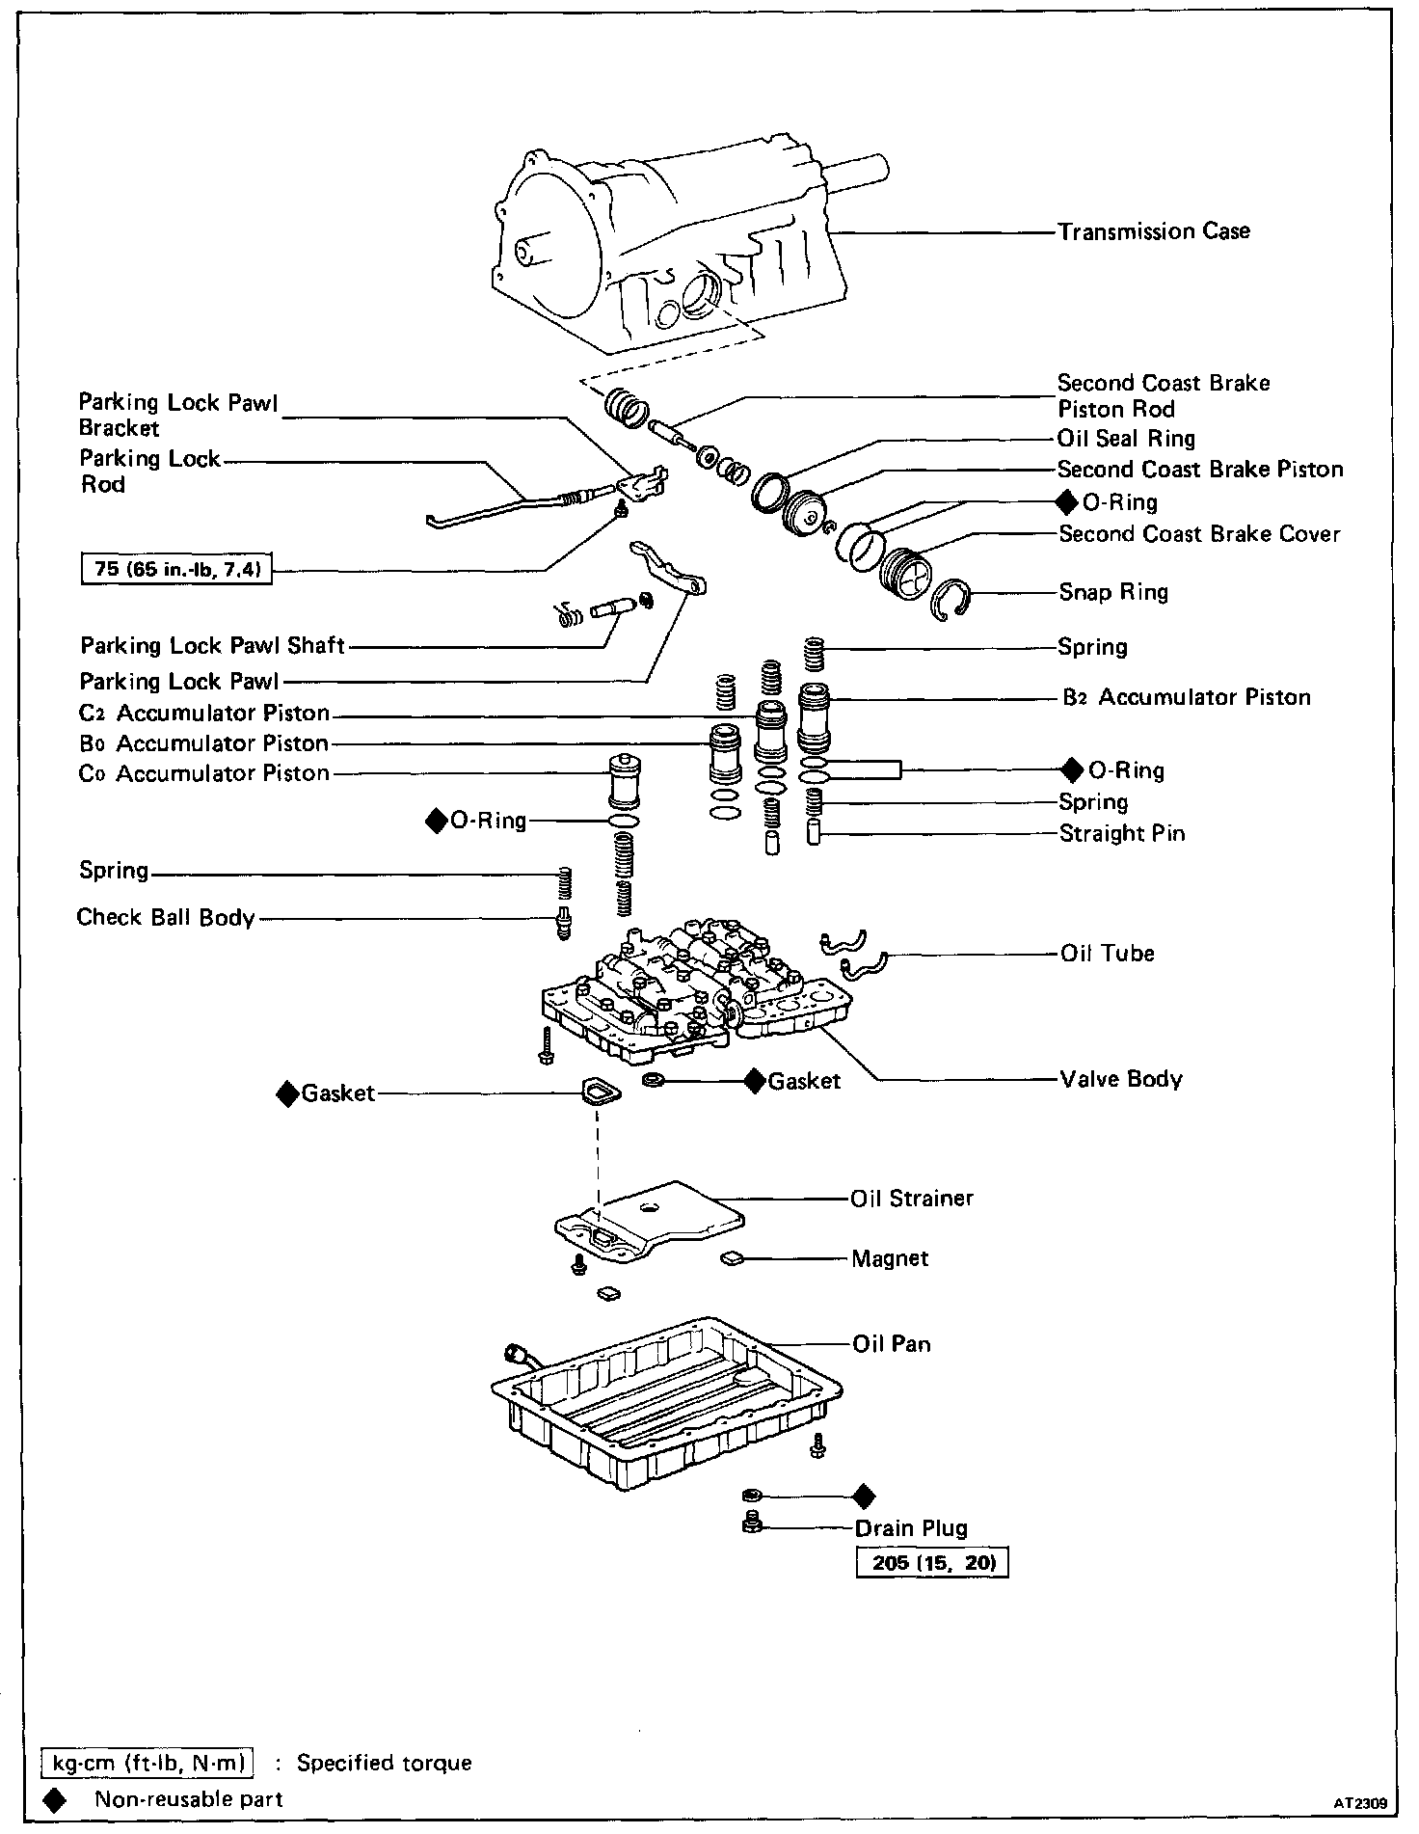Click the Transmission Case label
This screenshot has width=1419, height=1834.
1153,231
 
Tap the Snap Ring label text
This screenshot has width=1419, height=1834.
1113,592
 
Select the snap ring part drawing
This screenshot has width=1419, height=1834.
951,601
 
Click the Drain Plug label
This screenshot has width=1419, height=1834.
911,1528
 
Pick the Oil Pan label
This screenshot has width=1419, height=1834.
892,1343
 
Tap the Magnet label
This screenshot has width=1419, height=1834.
890,1258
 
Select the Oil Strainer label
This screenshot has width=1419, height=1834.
912,1198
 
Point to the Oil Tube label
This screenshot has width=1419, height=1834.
1107,953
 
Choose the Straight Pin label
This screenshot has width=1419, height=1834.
1122,833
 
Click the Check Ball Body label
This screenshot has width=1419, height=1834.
166,917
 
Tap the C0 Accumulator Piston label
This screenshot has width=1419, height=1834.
204,773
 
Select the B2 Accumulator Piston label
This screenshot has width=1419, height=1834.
1187,697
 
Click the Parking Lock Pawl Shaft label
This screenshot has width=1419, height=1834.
212,645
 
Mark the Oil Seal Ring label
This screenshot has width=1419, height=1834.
1126,439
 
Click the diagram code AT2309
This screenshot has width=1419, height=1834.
1360,1801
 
